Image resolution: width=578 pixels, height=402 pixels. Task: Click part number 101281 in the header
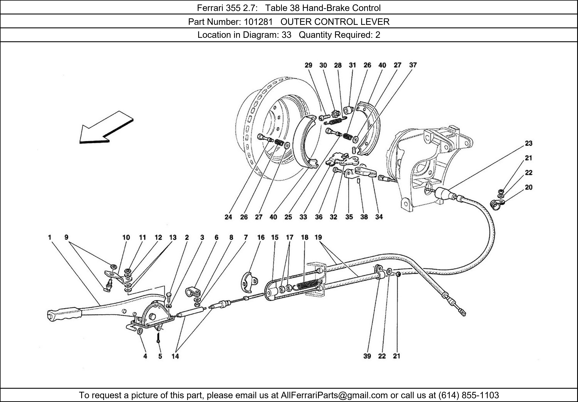click(258, 22)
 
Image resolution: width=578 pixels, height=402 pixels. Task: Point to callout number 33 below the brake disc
click(303, 217)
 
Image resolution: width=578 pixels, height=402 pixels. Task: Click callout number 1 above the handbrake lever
click(50, 237)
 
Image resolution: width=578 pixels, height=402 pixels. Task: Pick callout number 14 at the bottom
click(175, 356)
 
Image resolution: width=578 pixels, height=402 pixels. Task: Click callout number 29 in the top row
click(308, 65)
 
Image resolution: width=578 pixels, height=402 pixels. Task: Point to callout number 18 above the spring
click(305, 237)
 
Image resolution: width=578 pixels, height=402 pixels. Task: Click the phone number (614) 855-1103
click(469, 395)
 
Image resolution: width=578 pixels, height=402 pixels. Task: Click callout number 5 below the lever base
click(160, 356)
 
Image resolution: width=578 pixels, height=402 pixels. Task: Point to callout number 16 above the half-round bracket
click(261, 237)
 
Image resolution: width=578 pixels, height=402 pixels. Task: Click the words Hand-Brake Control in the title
click(341, 8)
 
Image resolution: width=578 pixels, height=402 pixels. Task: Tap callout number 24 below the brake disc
click(228, 217)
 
